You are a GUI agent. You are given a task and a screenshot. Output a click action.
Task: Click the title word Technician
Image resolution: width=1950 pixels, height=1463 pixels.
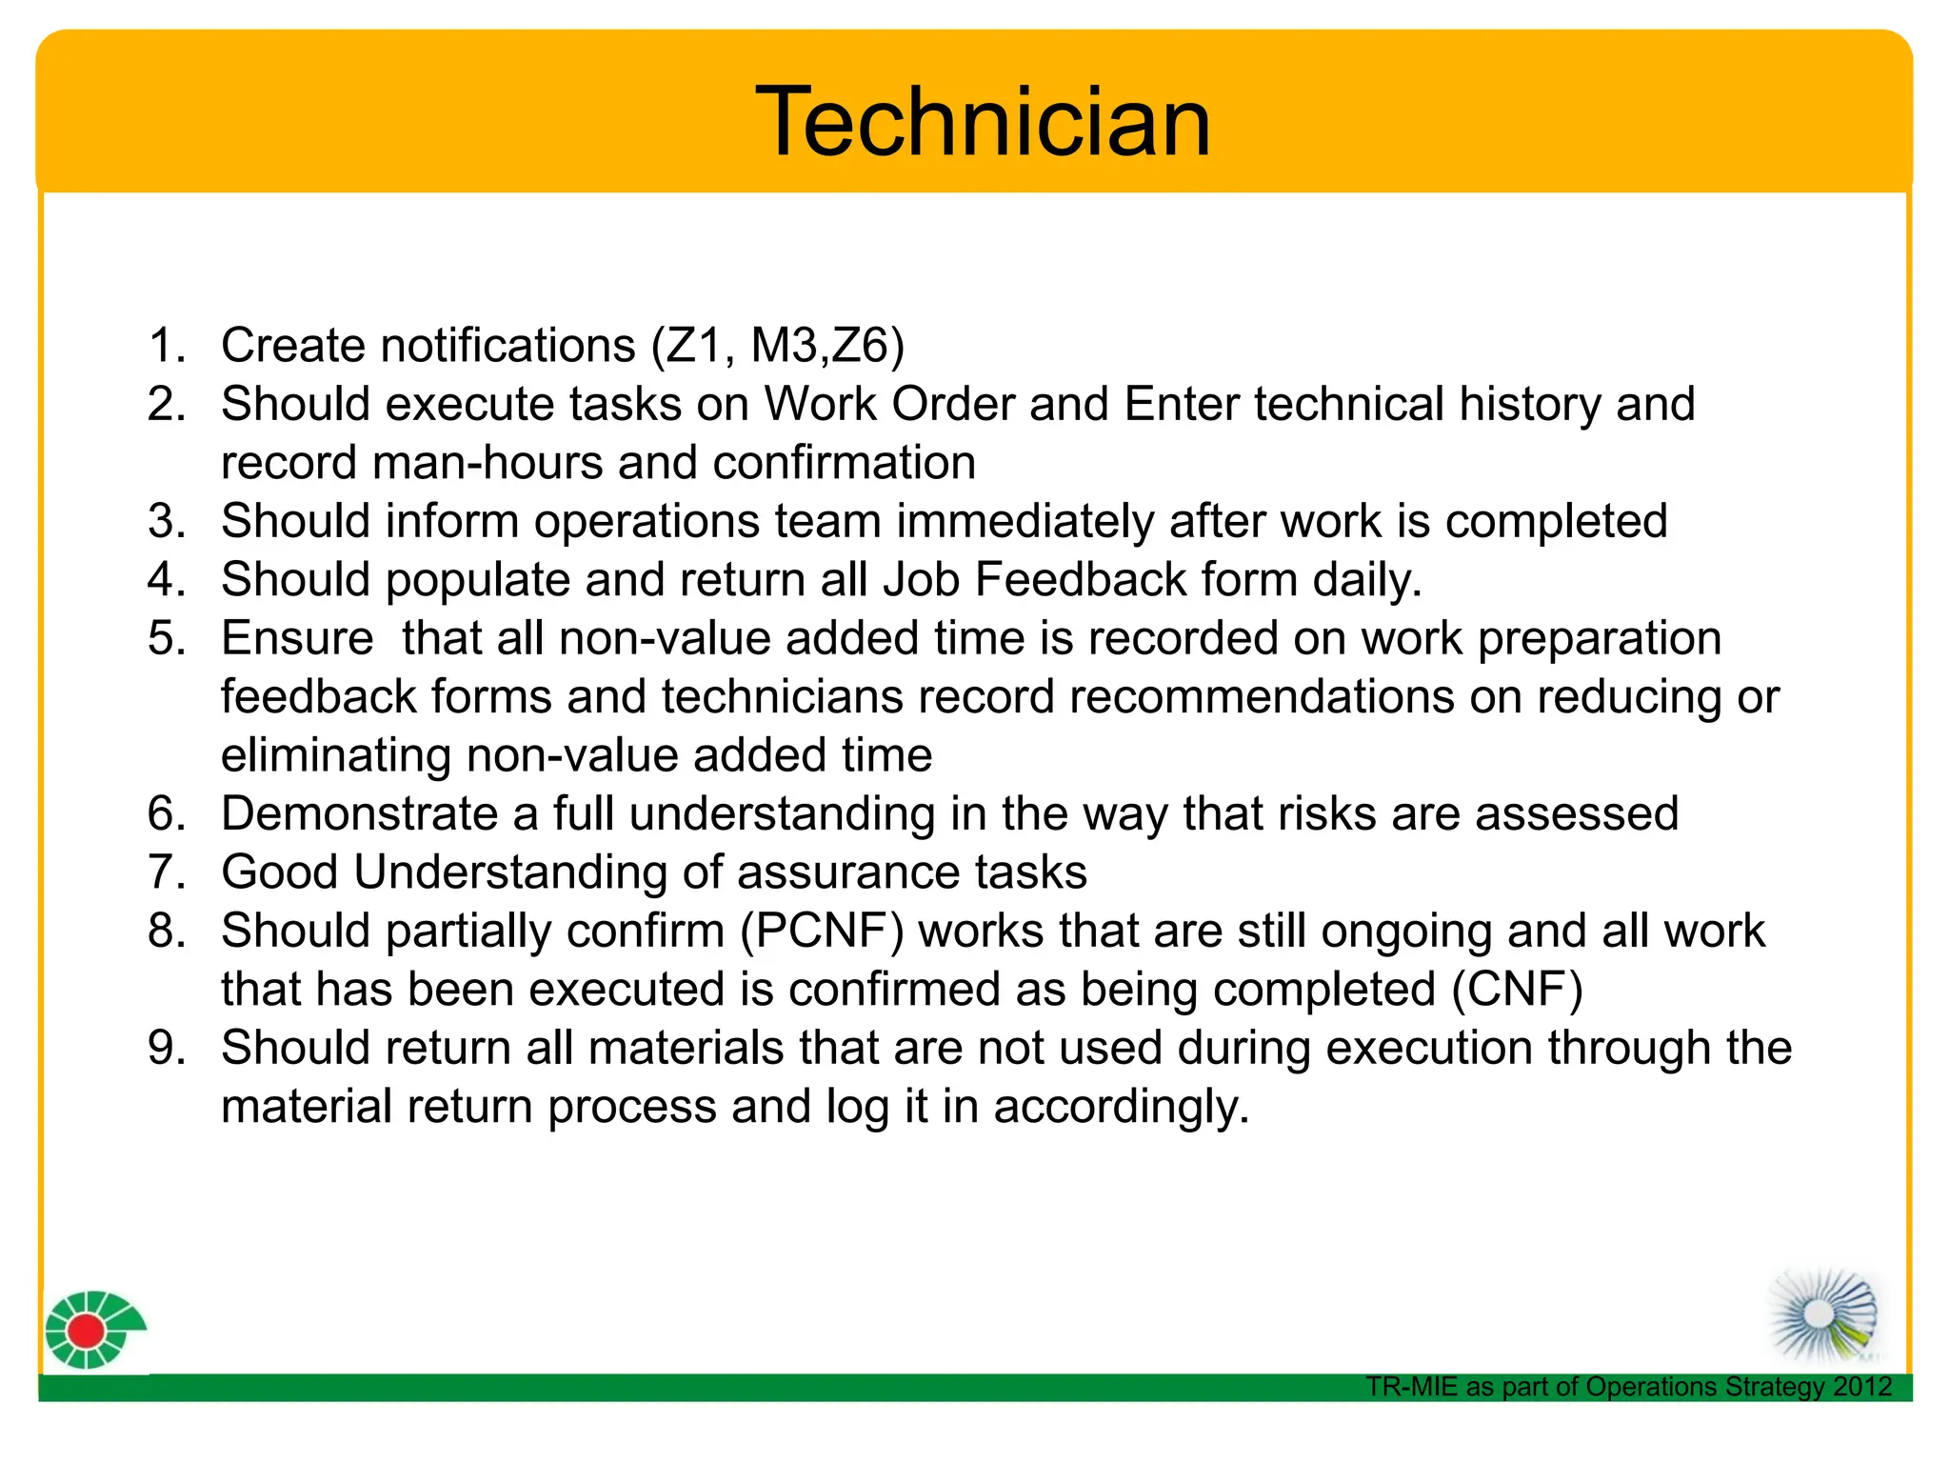click(x=983, y=122)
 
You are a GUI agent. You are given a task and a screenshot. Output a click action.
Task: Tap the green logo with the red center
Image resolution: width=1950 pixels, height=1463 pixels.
click(x=93, y=1330)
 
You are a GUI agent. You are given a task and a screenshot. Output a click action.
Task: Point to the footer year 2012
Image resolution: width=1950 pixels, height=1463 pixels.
click(x=1862, y=1387)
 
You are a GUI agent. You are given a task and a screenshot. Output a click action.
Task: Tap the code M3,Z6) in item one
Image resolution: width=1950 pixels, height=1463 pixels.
click(x=827, y=345)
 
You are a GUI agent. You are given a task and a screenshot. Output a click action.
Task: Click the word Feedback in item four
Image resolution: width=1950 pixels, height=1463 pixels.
click(x=1082, y=580)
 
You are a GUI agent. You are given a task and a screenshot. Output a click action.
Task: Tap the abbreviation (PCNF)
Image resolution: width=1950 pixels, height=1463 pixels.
click(x=822, y=932)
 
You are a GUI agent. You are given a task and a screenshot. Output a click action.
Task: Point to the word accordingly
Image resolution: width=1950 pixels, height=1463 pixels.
click(x=1121, y=1107)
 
